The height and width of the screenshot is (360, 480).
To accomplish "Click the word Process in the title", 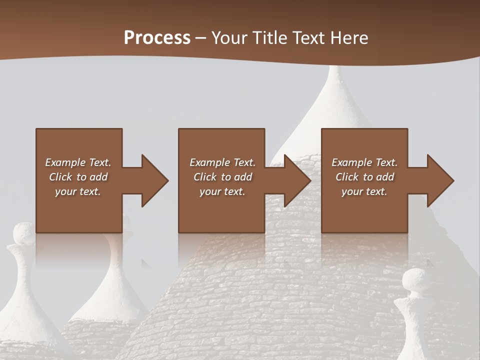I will tap(157, 38).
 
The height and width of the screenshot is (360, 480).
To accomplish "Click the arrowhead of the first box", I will tap(155, 180).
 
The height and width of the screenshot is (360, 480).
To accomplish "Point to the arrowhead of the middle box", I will tap(297, 180).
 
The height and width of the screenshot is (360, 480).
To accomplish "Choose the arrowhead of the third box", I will tap(440, 180).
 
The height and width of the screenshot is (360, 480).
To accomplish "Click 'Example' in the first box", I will tap(65, 162).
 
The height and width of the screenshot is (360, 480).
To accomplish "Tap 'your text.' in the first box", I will tap(78, 192).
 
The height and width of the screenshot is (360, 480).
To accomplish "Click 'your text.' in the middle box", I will tap(222, 192).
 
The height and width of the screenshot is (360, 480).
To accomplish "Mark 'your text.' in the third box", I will tap(364, 192).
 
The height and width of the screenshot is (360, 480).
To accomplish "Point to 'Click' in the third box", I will tap(347, 177).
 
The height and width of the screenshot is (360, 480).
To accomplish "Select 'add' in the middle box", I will tap(243, 177).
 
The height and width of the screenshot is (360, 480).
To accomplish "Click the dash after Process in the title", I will tap(201, 38).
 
